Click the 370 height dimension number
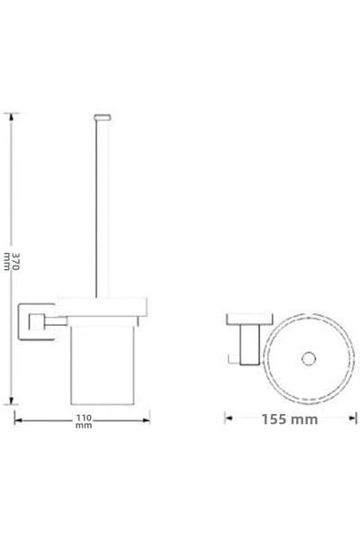tap(16, 261)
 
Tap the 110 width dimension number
tap(84, 418)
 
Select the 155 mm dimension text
tap(290, 419)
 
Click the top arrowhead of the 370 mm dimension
tap(12, 116)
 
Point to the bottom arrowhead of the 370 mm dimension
tap(12, 400)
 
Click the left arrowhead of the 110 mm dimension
tap(18, 420)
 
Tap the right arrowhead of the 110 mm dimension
tap(147, 420)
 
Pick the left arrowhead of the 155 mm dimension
tap(229, 418)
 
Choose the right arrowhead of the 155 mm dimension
tap(353, 418)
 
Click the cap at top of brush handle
tap(103, 117)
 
